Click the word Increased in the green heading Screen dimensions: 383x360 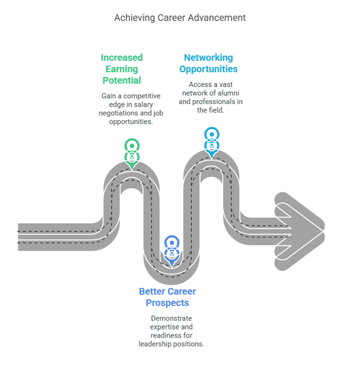tap(122, 58)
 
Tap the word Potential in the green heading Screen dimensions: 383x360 tap(122, 80)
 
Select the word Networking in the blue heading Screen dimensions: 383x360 tap(208, 58)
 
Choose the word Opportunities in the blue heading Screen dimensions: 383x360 tap(208, 69)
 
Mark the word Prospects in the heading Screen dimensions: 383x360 tap(167, 303)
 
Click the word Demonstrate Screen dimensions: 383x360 tap(171, 319)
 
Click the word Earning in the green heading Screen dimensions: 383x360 tap(122, 69)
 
